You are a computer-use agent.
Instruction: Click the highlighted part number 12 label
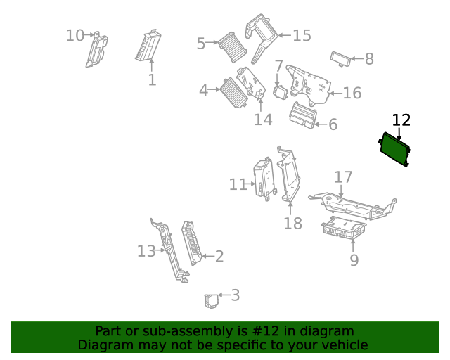click(x=401, y=120)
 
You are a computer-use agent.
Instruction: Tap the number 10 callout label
click(x=75, y=35)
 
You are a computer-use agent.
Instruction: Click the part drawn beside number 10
click(x=96, y=51)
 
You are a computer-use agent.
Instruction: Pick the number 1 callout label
click(x=152, y=80)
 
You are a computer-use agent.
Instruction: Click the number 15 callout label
click(x=302, y=35)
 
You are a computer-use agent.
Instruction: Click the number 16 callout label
click(x=352, y=93)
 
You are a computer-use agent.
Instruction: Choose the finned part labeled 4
click(x=232, y=91)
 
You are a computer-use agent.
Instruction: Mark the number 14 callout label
click(x=263, y=120)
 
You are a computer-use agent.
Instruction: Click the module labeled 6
click(x=303, y=115)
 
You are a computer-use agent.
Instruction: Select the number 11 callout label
click(x=238, y=184)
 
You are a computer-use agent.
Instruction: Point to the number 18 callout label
click(x=292, y=224)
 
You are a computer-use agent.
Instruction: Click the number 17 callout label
click(x=342, y=176)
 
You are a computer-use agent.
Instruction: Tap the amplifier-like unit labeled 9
click(x=342, y=229)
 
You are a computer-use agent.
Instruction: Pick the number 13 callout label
click(x=146, y=251)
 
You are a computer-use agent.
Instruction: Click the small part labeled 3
click(x=211, y=300)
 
